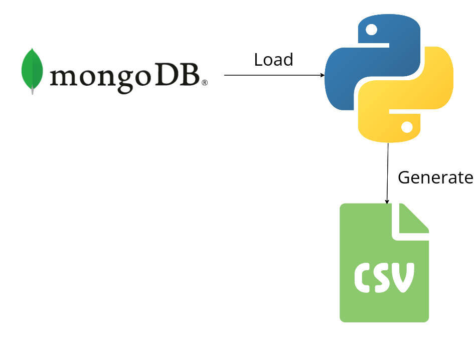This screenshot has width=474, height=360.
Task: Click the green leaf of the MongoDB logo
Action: click(32, 69)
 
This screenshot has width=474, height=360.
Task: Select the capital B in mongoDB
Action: click(189, 75)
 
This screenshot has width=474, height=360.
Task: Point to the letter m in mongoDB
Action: click(64, 77)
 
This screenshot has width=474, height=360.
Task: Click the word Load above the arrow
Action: click(273, 60)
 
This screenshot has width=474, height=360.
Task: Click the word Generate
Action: click(435, 177)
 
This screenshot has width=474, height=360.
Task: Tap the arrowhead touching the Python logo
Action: click(323, 75)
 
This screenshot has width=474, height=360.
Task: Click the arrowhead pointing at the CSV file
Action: click(387, 202)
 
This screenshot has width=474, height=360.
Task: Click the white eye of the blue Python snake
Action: click(371, 30)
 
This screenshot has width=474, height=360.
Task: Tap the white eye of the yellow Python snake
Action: click(407, 127)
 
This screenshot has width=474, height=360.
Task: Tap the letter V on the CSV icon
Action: click(404, 277)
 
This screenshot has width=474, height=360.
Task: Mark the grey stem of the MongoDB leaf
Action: click(33, 91)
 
